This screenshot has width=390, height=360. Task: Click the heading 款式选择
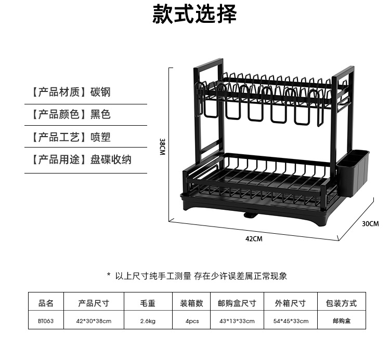194,14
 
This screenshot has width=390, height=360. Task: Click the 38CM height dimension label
162,146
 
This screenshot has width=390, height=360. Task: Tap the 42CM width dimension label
254,239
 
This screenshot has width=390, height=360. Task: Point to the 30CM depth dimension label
370,223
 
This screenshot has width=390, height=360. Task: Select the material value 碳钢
100,92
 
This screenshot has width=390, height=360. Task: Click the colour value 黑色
100,114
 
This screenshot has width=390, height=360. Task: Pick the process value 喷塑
100,137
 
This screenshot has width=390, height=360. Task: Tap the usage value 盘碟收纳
111,159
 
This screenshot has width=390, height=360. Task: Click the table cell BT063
46,321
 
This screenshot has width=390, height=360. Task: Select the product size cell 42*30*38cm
94,321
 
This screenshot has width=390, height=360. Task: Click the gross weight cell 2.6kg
148,321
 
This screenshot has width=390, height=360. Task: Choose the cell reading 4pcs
192,321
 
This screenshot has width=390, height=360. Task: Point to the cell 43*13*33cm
237,321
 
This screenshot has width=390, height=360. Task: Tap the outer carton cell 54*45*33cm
291,321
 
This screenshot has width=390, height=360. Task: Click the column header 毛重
148,303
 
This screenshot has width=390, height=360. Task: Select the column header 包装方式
341,303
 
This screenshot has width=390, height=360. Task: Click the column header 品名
46,303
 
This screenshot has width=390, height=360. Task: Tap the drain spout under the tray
250,215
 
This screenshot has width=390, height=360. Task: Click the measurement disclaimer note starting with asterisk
197,276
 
